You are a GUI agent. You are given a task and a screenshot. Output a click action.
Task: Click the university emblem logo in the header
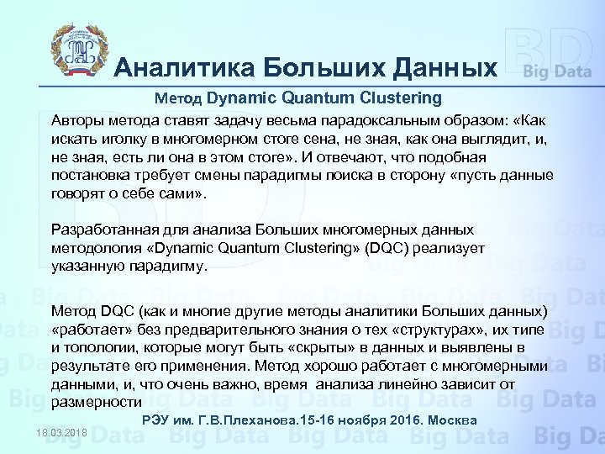pyautogui.click(x=81, y=50)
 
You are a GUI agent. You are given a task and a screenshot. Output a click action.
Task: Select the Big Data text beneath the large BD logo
pyautogui.click(x=557, y=71)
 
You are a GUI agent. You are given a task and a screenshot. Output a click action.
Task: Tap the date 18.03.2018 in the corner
pyautogui.click(x=62, y=432)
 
